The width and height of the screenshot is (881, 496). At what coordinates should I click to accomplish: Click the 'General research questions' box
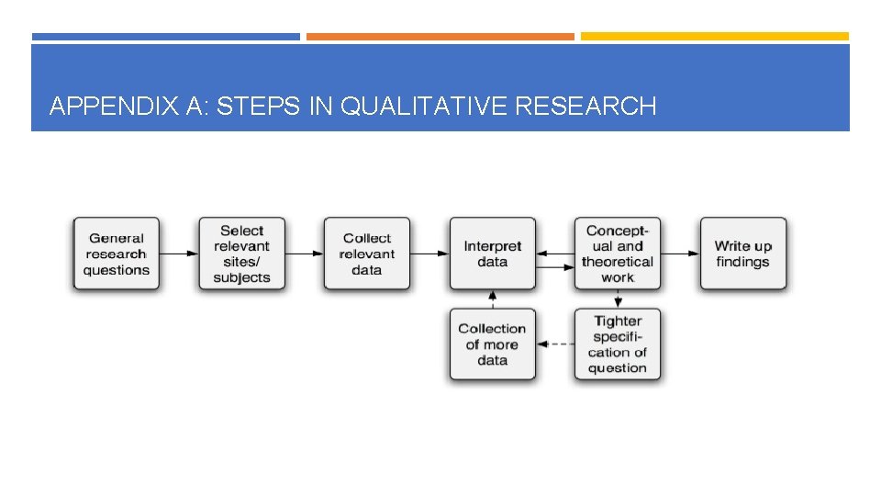(116, 254)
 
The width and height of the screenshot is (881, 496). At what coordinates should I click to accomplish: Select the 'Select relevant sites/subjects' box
(241, 254)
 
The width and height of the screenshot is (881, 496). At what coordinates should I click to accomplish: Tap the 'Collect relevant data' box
(366, 254)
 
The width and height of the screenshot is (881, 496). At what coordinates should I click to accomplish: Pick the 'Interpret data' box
(492, 254)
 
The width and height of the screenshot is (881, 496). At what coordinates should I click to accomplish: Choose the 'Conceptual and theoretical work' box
(618, 254)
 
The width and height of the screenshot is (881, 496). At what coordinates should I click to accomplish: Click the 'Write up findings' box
(742, 254)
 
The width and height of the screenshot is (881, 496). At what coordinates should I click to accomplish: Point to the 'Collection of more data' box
(492, 344)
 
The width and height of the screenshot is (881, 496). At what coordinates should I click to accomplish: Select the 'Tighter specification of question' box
(618, 344)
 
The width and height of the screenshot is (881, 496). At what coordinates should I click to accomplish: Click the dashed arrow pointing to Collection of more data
(554, 344)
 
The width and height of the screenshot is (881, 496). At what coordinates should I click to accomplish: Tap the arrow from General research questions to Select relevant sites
(179, 254)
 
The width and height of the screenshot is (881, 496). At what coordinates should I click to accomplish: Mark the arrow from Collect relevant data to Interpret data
(429, 254)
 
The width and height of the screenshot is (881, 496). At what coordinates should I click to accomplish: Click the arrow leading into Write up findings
(680, 254)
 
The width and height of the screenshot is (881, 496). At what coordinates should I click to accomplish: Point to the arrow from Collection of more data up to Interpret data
(492, 299)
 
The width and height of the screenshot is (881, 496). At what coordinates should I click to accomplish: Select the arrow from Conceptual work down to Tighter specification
(618, 299)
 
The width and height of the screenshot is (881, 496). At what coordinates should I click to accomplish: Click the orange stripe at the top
(440, 37)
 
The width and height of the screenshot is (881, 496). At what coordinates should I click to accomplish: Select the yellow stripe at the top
(714, 37)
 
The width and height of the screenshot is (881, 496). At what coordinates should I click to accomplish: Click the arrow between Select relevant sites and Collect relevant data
(304, 254)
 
